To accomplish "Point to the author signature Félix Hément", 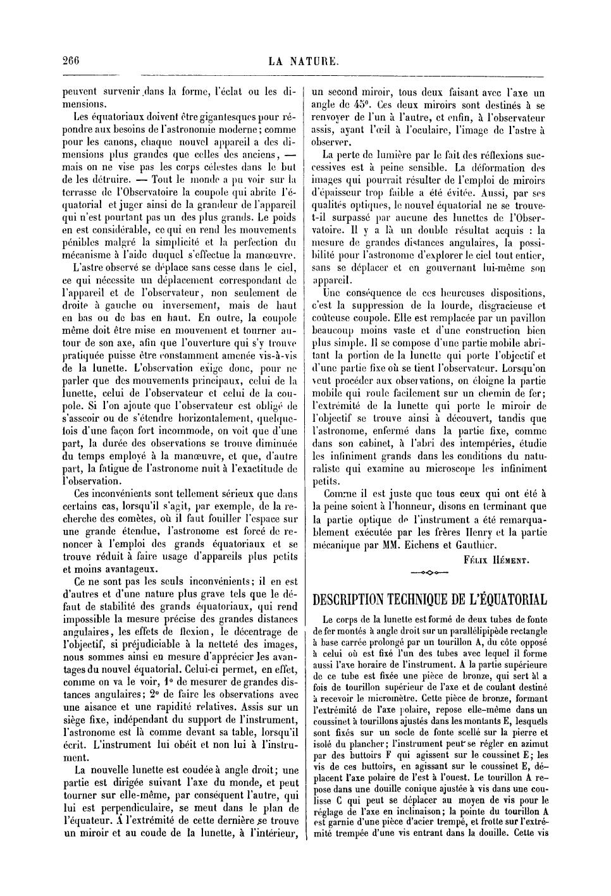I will [x=497, y=559].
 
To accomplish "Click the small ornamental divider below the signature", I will [x=429, y=573].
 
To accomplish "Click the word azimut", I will [x=535, y=744].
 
